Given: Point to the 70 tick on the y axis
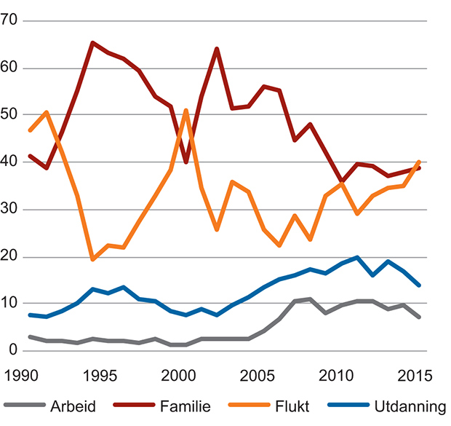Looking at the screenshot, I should (x=11, y=21).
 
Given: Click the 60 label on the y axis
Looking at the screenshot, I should (x=11, y=68).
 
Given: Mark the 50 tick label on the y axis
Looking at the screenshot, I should (x=11, y=115).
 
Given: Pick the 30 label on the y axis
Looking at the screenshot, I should (x=11, y=210).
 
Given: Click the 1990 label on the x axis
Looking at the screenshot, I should (x=22, y=376).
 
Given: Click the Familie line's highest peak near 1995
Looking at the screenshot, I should (x=92, y=43).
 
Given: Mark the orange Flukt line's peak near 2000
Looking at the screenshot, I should (x=185, y=111).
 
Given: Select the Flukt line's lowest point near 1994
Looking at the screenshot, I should (x=92, y=259).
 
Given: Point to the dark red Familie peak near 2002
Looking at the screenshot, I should (x=217, y=49).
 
